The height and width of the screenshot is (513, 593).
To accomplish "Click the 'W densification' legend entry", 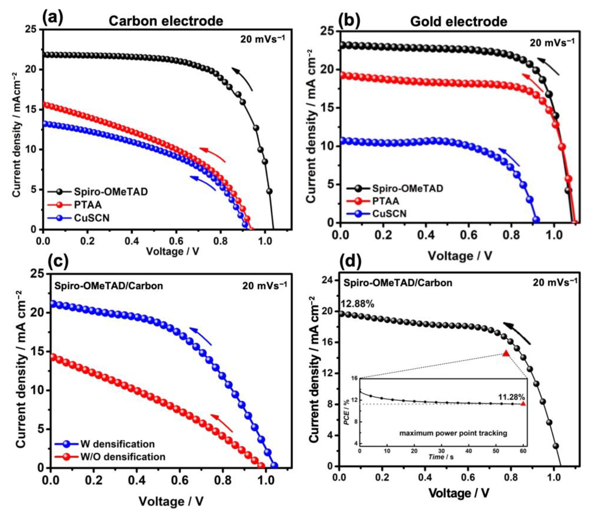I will (x=117, y=444).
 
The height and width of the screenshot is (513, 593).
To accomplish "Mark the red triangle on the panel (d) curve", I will (x=506, y=354).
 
